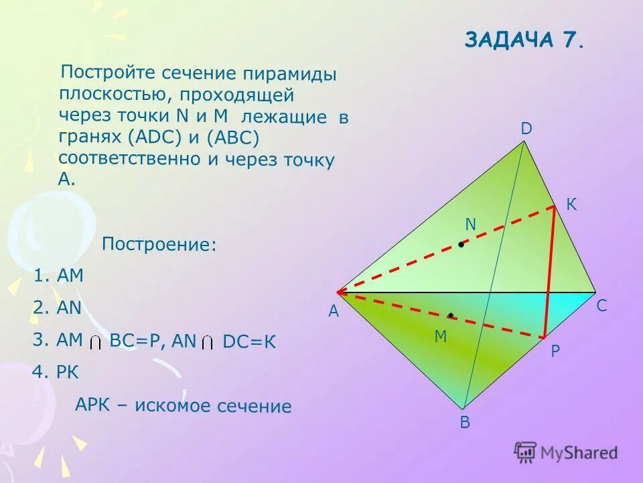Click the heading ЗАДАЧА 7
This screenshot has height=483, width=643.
[x=524, y=40]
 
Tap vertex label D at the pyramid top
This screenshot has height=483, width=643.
[x=526, y=128]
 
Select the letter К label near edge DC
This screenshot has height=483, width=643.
[x=571, y=205]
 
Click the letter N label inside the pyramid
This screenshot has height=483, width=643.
[x=470, y=225]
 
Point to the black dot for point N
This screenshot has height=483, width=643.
[x=461, y=245]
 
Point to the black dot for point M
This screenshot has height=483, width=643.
[x=451, y=315]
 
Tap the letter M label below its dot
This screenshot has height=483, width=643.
[x=440, y=337]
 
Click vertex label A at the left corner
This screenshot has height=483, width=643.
[x=334, y=312]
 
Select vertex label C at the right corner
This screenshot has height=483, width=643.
[x=601, y=306]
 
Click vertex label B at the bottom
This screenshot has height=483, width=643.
[x=465, y=423]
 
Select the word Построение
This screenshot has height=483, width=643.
[x=159, y=244]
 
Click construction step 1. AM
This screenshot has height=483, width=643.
[x=59, y=276]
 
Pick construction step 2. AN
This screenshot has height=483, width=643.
[x=58, y=308]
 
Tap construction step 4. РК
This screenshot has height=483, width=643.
[x=59, y=373]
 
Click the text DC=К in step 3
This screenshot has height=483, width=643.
[x=248, y=341]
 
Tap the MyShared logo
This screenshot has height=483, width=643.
[x=566, y=452]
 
